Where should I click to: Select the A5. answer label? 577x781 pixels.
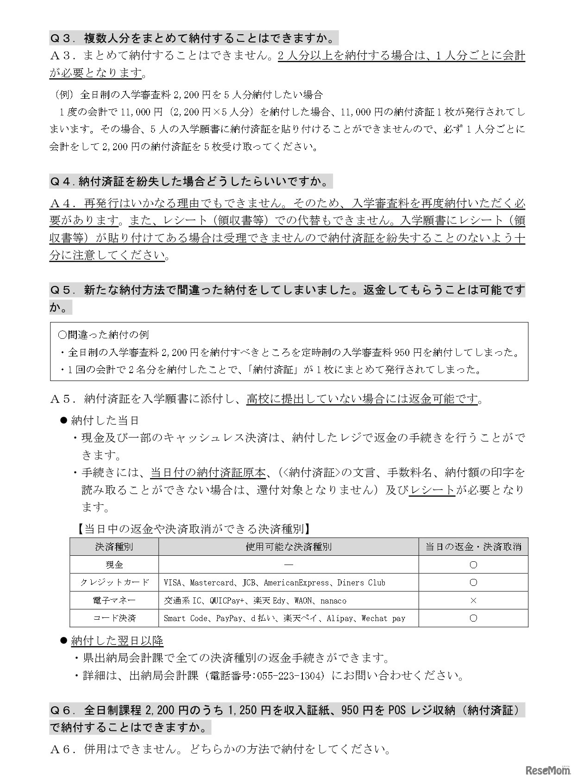pyautogui.click(x=62, y=399)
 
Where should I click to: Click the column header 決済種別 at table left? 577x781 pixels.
pyautogui.click(x=114, y=547)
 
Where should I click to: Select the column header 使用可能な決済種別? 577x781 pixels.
pyautogui.click(x=288, y=547)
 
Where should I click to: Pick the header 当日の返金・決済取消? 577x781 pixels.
pyautogui.click(x=473, y=547)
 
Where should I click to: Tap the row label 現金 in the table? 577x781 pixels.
pyautogui.click(x=114, y=565)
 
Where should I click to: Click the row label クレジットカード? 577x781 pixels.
pyautogui.click(x=114, y=583)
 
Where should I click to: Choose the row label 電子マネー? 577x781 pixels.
pyautogui.click(x=114, y=600)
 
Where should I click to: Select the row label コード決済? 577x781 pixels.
pyautogui.click(x=114, y=618)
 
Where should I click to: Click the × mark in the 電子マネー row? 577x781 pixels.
pyautogui.click(x=473, y=600)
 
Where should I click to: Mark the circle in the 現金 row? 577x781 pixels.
pyautogui.click(x=473, y=565)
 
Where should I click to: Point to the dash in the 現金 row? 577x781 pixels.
pyautogui.click(x=288, y=565)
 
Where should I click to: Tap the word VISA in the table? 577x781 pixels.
pyautogui.click(x=173, y=583)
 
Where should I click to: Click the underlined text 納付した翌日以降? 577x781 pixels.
pyautogui.click(x=117, y=641)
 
